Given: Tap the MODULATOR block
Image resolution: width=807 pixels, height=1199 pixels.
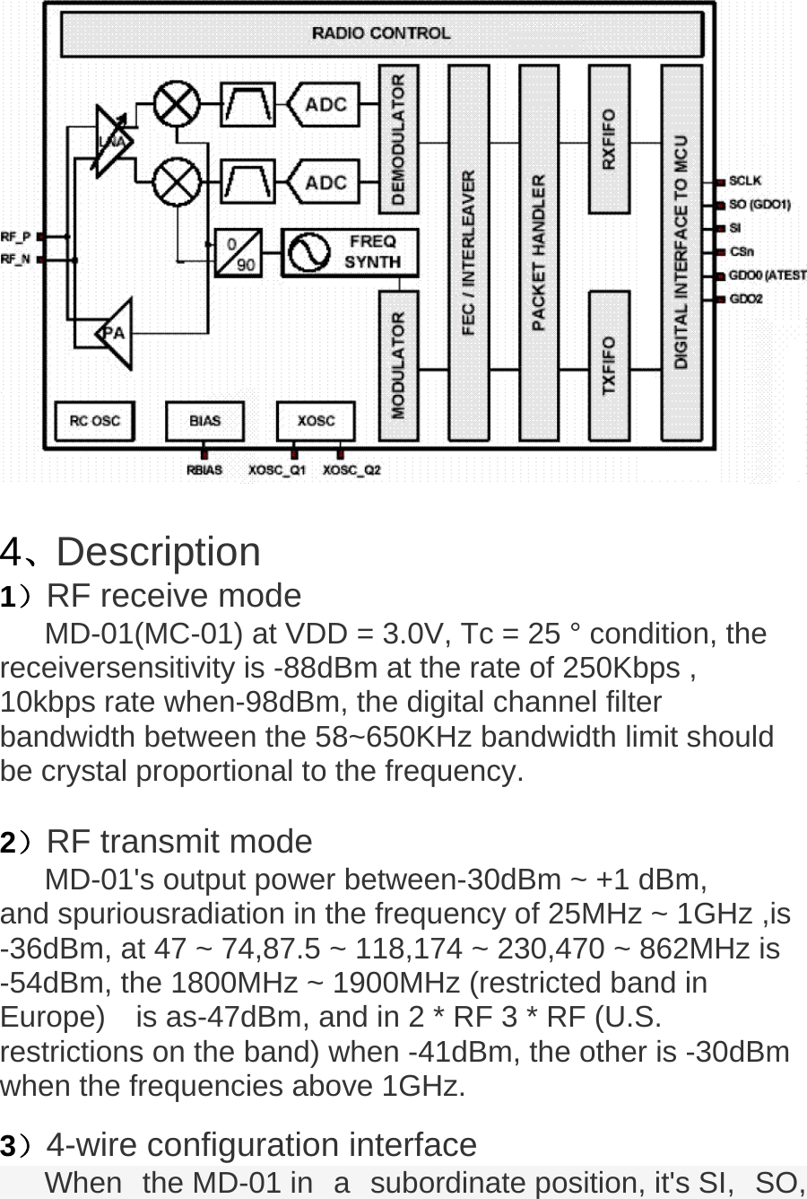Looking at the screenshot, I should pyautogui.click(x=398, y=364).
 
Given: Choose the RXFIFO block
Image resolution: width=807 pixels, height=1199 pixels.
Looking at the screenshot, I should pyautogui.click(x=609, y=138).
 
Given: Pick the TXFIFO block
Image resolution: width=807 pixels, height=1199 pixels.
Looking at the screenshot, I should pyautogui.click(x=609, y=364).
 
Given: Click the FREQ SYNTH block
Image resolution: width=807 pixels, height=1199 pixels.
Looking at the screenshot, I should pyautogui.click(x=351, y=252).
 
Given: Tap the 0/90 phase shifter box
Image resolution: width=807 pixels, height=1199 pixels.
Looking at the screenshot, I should pyautogui.click(x=239, y=253).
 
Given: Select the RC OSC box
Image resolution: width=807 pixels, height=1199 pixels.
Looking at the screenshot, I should pyautogui.click(x=93, y=420).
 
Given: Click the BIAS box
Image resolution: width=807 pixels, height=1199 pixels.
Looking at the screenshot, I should pyautogui.click(x=204, y=420).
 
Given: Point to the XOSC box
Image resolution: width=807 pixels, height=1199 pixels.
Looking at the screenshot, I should pyautogui.click(x=316, y=420).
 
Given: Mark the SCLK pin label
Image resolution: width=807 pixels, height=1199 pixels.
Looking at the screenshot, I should pyautogui.click(x=745, y=181).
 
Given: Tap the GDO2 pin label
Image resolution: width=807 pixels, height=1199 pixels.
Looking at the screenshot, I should pyautogui.click(x=746, y=299).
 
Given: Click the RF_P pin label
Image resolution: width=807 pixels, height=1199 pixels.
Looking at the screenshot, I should pyautogui.click(x=15, y=237).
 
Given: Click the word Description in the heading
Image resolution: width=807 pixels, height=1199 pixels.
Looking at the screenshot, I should pyautogui.click(x=158, y=551).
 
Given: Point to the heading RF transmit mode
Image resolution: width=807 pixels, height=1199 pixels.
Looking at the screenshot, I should pyautogui.click(x=178, y=842).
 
